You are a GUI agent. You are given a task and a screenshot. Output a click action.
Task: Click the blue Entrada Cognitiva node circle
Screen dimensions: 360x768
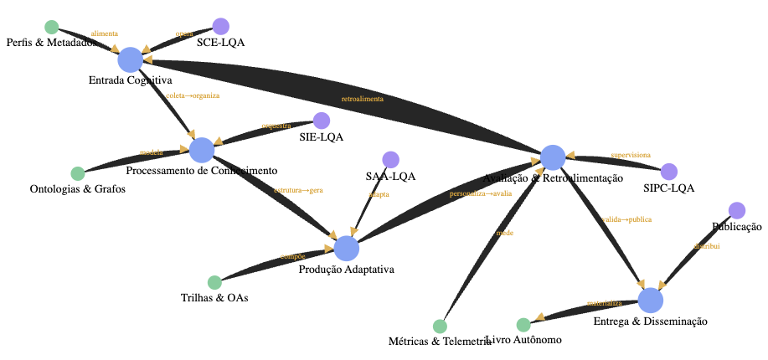(x=130, y=60)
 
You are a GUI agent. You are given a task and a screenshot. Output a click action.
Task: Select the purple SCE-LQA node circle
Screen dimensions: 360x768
(x=220, y=26)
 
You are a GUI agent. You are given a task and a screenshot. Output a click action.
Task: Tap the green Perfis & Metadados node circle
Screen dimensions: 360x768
(x=51, y=27)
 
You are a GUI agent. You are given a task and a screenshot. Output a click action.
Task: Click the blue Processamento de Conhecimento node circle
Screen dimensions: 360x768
(x=201, y=150)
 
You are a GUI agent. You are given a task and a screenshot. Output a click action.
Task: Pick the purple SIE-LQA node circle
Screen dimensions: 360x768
(x=321, y=121)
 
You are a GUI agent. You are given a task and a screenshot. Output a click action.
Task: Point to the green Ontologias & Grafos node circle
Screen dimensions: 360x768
(x=78, y=173)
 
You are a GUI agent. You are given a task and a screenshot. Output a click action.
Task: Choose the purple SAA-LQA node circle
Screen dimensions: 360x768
(x=390, y=159)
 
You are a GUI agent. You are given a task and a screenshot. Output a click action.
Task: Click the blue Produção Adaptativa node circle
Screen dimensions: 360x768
(x=346, y=248)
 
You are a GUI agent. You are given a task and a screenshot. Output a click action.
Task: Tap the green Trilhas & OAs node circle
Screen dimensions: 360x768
(x=214, y=283)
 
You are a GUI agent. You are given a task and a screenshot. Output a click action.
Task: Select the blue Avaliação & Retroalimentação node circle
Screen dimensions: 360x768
(x=552, y=157)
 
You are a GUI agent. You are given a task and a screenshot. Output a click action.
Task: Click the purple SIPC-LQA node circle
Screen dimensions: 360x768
(x=668, y=172)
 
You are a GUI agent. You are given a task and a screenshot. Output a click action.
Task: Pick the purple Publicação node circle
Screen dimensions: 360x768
(x=736, y=210)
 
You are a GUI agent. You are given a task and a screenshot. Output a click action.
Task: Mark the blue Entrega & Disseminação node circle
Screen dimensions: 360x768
(x=650, y=300)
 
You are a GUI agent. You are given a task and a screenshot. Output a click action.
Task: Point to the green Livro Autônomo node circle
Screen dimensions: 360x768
(x=523, y=325)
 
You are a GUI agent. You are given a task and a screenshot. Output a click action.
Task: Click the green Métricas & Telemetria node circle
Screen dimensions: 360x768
(x=440, y=326)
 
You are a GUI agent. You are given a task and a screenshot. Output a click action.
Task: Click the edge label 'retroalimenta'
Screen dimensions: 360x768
(x=363, y=99)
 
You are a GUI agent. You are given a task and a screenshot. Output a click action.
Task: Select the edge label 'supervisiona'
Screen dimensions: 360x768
(x=631, y=155)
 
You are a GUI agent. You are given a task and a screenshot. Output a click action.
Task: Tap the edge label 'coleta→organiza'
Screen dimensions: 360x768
(x=193, y=95)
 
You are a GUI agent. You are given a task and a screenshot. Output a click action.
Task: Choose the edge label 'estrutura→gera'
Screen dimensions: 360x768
(x=297, y=190)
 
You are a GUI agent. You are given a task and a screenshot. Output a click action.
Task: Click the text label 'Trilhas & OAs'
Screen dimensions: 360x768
(x=214, y=298)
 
